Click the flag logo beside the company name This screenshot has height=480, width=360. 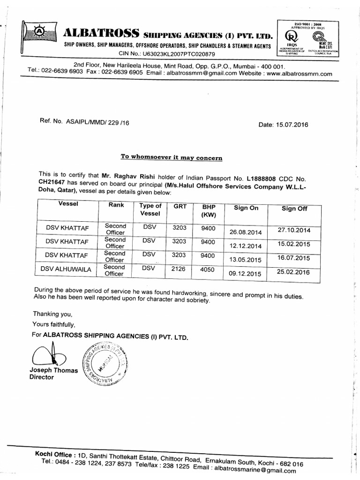(40, 32)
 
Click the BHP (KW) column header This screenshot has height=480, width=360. (208, 211)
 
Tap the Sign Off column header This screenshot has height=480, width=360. (294, 209)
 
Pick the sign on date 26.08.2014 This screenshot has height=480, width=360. (245, 231)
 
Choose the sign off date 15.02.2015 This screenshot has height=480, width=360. (294, 244)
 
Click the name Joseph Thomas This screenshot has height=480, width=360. (53, 370)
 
